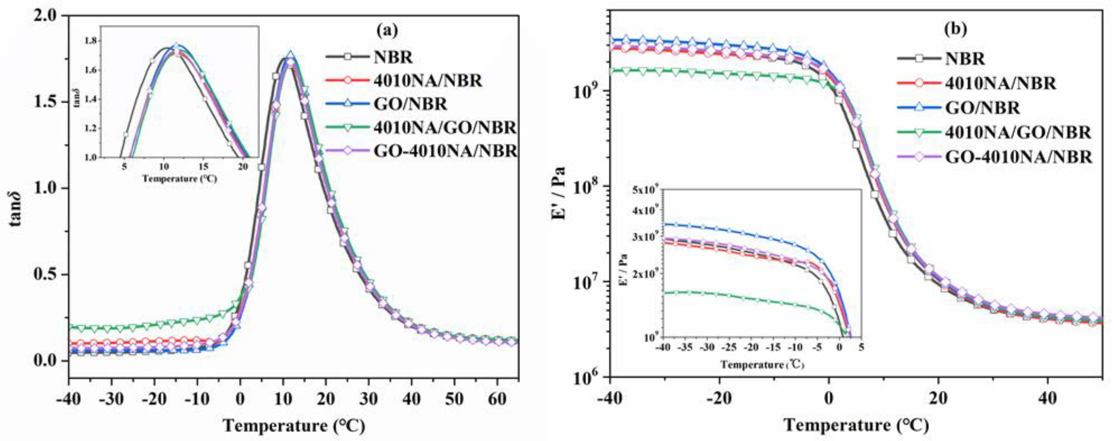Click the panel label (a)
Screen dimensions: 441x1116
coord(386,30)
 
